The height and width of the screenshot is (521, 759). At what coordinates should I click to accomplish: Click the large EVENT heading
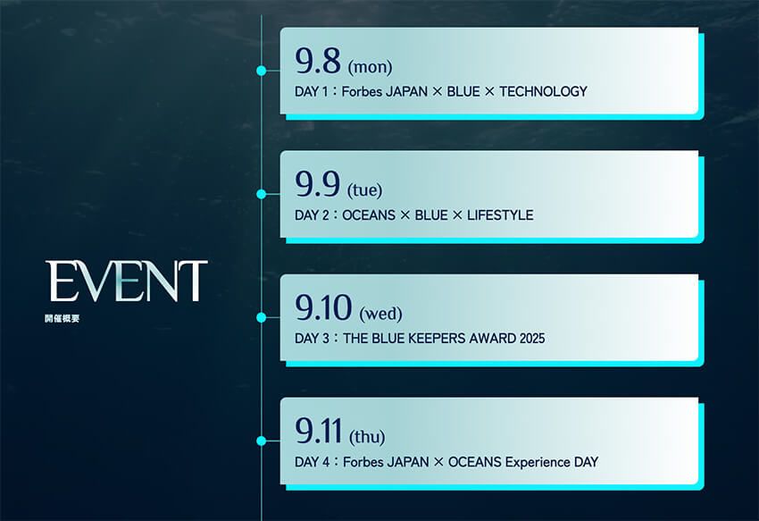click(128, 281)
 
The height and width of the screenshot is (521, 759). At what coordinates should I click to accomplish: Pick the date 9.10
click(322, 308)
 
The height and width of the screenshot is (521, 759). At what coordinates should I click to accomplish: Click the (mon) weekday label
click(370, 66)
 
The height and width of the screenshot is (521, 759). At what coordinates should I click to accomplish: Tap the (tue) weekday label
click(364, 189)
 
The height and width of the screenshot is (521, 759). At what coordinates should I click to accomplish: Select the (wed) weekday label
click(380, 314)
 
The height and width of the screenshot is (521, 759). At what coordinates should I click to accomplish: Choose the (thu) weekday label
click(367, 437)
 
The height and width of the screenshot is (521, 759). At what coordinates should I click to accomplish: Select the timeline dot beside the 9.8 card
click(261, 70)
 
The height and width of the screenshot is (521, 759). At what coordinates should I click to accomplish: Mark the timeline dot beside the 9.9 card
click(261, 193)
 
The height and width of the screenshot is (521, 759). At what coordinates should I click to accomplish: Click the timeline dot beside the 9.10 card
click(261, 317)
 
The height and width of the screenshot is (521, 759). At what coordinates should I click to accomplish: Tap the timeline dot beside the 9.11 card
click(261, 441)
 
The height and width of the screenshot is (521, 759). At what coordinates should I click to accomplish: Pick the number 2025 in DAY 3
click(530, 339)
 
